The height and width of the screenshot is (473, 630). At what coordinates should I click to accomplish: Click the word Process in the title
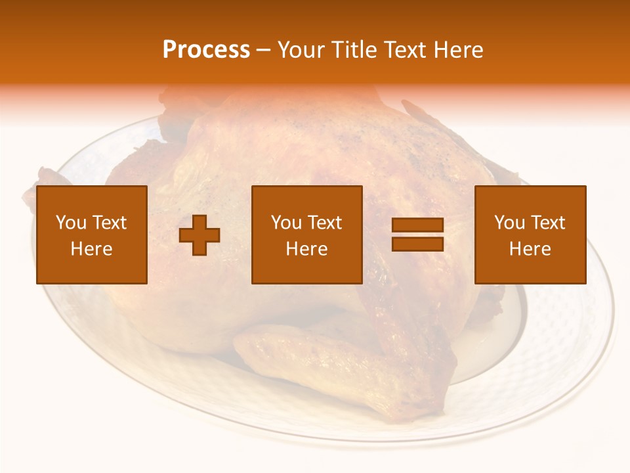coord(206,50)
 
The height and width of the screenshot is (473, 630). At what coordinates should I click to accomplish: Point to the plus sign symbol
coord(199,235)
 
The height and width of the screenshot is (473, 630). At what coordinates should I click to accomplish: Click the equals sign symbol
coord(417,235)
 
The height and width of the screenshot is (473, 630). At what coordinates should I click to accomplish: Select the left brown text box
coord(91,235)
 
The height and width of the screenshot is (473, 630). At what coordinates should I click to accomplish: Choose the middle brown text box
coord(306,235)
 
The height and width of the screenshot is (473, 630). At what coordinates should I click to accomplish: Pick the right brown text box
coord(530,235)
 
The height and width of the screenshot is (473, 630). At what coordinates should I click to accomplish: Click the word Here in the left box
coord(91,249)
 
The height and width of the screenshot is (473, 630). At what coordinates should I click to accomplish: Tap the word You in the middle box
coord(286,223)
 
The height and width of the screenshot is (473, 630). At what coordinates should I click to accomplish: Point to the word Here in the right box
coord(530,249)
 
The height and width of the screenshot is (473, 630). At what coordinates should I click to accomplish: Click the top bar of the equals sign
coord(417,225)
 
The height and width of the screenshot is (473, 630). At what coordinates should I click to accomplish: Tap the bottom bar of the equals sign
coord(417,244)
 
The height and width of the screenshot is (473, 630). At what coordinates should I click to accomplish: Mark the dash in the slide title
coord(263,50)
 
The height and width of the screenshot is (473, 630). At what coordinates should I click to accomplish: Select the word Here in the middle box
coord(306,249)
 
